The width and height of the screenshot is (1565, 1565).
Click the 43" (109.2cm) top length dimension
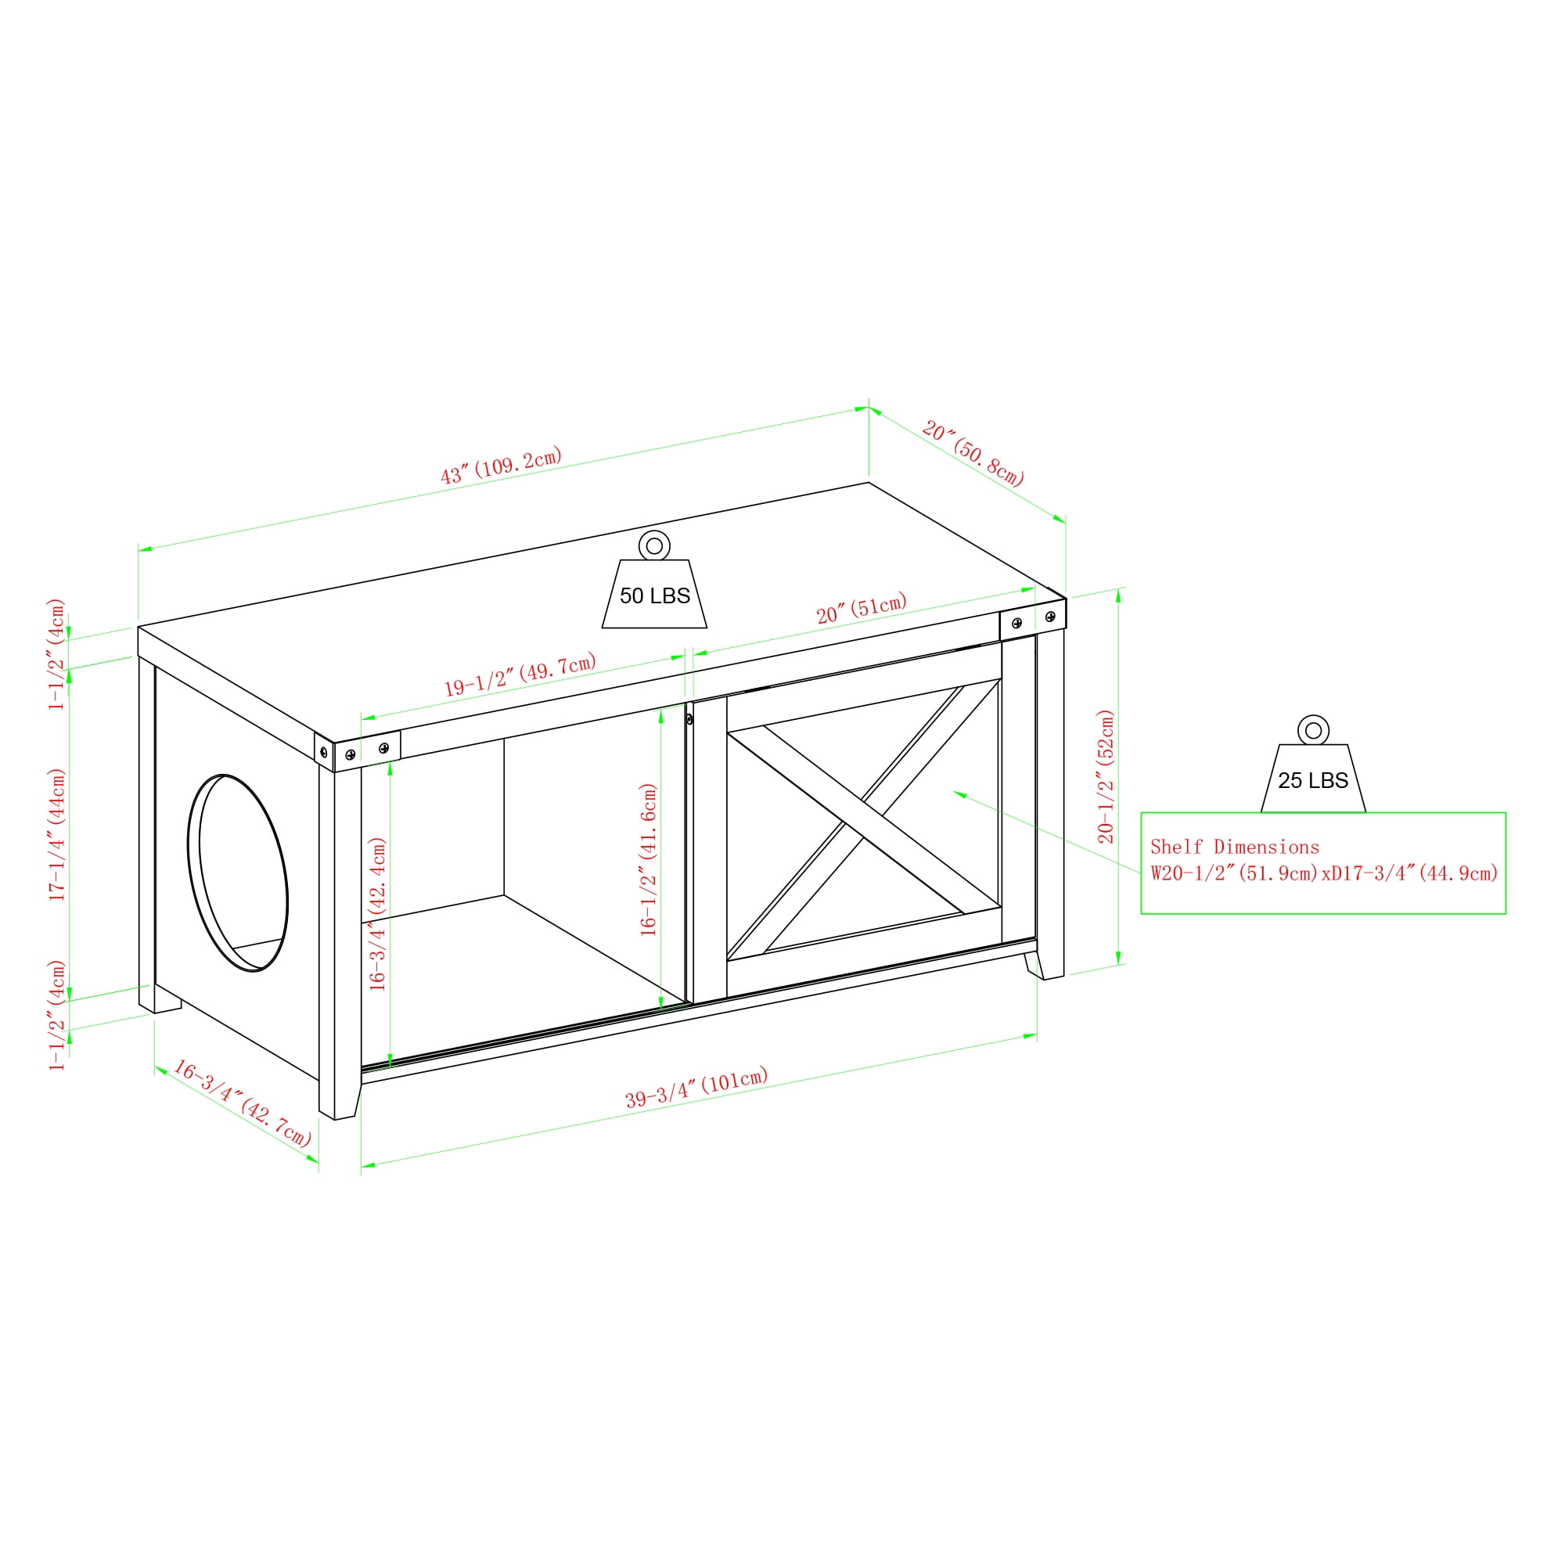(x=501, y=466)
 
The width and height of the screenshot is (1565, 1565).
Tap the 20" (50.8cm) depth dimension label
(x=973, y=453)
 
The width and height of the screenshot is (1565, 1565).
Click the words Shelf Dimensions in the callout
(x=1235, y=847)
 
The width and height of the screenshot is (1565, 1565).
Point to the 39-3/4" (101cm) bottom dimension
(x=696, y=1088)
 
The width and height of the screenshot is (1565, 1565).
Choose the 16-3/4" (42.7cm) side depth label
(x=243, y=1103)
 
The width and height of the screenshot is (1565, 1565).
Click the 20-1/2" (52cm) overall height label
(x=1106, y=776)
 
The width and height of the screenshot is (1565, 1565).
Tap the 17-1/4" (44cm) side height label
(x=56, y=834)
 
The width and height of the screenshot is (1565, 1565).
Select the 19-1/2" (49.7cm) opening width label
(x=520, y=674)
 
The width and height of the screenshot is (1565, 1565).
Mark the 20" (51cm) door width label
(x=861, y=607)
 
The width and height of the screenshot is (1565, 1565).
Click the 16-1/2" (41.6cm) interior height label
(x=648, y=859)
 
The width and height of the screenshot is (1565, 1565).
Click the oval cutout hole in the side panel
(x=237, y=872)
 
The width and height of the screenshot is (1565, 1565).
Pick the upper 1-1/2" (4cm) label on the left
(x=56, y=654)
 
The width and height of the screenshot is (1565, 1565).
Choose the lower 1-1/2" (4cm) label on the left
(x=56, y=1016)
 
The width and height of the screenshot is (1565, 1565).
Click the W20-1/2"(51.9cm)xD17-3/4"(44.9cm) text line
(x=1324, y=873)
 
